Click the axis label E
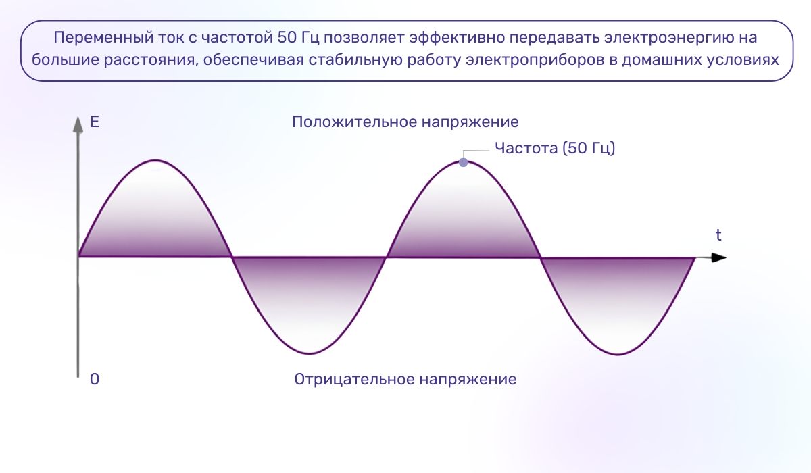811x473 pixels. click(95, 123)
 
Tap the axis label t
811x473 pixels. click(718, 235)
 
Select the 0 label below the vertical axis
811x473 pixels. click(95, 380)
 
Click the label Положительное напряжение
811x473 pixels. click(405, 122)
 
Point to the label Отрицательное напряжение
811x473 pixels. click(405, 380)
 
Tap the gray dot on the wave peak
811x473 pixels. click(463, 162)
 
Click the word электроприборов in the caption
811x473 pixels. click(533, 59)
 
